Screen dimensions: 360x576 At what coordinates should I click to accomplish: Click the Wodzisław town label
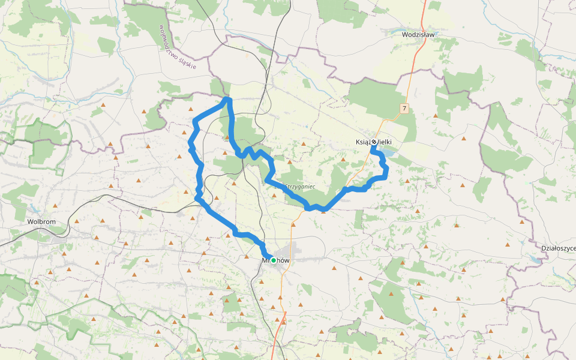pos(418,35)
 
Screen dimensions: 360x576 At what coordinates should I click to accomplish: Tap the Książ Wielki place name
pos(374,142)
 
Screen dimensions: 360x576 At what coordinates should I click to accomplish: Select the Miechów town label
pos(275,260)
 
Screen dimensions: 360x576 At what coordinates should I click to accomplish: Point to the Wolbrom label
pos(41,221)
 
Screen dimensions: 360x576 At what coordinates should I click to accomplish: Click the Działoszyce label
pos(558,248)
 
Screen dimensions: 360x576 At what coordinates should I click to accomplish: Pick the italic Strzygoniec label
pos(299,187)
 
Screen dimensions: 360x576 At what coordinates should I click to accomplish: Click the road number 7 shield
pos(405,109)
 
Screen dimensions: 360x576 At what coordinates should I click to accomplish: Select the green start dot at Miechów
pos(274,260)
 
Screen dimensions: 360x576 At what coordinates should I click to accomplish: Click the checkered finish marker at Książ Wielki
pos(374,142)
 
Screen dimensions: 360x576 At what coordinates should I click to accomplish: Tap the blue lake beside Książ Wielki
pos(388,154)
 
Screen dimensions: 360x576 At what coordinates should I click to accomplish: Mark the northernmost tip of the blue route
pos(227,98)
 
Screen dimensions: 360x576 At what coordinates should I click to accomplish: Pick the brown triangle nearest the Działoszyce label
pos(508,245)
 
